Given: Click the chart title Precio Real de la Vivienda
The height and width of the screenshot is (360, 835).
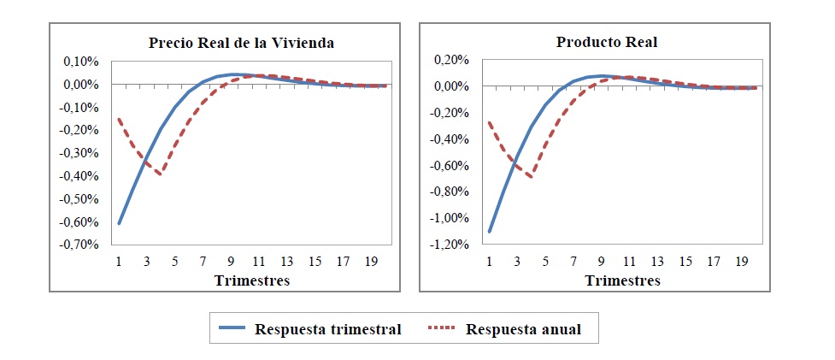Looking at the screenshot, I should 241,43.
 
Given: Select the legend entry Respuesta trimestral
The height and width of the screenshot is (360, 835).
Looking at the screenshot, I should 327,329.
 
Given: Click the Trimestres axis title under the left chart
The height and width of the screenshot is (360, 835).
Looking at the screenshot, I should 252,280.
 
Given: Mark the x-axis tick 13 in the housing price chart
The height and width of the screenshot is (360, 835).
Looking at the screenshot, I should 288,262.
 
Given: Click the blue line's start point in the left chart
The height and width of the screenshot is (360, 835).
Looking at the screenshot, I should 120,223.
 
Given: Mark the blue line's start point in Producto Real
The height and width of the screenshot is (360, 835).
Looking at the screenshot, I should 490,231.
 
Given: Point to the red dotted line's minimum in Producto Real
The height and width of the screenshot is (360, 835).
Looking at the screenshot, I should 532,177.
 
